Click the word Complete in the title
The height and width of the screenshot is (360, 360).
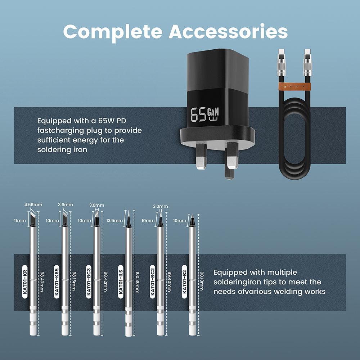(113, 32)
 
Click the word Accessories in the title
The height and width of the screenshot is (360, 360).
(228, 31)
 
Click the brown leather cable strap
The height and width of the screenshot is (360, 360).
(295, 87)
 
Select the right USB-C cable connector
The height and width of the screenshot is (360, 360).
(307, 62)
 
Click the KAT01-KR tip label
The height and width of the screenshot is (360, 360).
(25, 282)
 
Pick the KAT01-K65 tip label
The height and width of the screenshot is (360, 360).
(57, 282)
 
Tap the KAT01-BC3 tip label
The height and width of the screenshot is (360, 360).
(89, 282)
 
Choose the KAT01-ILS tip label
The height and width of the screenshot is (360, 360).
(121, 282)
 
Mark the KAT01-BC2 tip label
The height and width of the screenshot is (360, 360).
(152, 282)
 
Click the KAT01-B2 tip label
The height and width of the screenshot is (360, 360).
(184, 282)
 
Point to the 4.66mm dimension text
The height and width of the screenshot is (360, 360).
(33, 204)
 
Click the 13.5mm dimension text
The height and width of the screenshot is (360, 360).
(114, 221)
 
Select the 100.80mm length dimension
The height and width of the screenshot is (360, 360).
(137, 282)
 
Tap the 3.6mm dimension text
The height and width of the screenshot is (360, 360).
(66, 204)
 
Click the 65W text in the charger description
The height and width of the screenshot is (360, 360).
(107, 121)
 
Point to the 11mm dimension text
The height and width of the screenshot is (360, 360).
(20, 221)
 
